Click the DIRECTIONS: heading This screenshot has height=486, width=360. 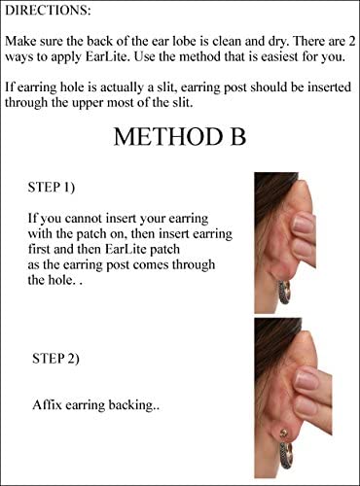pyautogui.click(x=49, y=14)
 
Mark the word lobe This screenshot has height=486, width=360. pyautogui.click(x=194, y=41)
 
